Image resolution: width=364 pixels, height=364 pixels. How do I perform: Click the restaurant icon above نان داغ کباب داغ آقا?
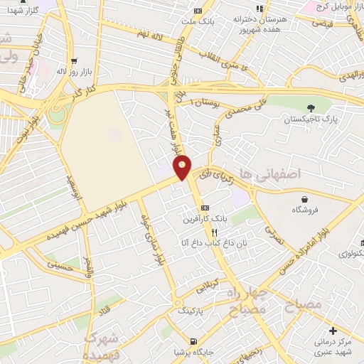point(213,232)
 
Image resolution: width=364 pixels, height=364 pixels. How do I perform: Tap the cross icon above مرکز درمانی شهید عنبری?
point(333,330)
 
